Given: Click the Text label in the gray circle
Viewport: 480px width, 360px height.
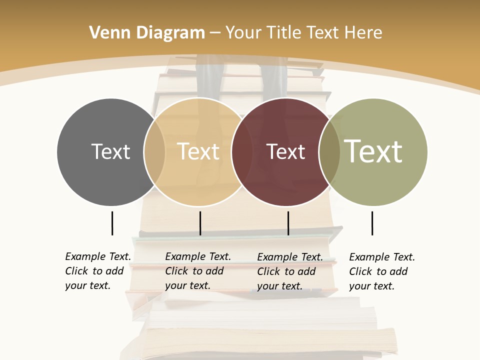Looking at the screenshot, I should click(110, 151).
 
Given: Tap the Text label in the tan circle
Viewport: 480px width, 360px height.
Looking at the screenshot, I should click(198, 151).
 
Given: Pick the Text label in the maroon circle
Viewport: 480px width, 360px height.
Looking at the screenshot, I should click(285, 151).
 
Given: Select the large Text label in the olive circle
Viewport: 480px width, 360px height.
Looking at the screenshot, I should click(373, 151).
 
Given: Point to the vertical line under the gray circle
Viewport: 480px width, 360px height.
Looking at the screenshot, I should click(112, 223).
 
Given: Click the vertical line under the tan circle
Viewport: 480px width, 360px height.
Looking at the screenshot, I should click(200, 223).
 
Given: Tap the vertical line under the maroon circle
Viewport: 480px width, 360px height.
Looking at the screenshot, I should click(288, 223).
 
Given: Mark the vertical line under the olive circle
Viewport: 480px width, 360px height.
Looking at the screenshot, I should click(372, 223).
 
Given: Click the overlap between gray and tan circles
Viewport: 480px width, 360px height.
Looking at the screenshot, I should click(154, 151).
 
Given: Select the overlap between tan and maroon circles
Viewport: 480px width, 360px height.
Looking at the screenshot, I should click(242, 151).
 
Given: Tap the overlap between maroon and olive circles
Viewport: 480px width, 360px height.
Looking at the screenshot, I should click(329, 151).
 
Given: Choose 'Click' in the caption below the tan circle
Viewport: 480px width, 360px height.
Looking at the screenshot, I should click(176, 271).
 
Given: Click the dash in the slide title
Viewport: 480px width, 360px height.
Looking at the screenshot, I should click(215, 33).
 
